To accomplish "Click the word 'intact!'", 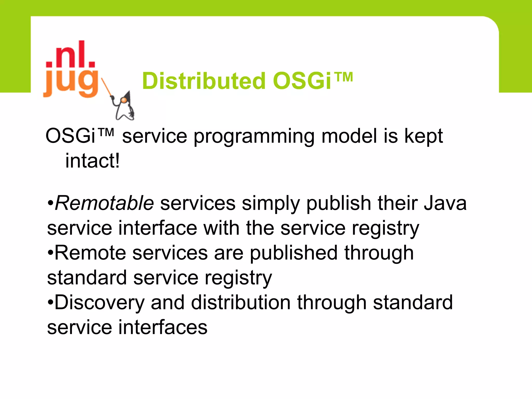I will pyautogui.click(x=92, y=161).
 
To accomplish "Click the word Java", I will pyautogui.click(x=445, y=203).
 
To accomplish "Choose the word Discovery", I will pyautogui.click(x=99, y=302).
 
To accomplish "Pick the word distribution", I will pyautogui.click(x=241, y=302).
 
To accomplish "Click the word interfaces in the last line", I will pyautogui.click(x=163, y=327).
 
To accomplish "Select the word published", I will pyautogui.click(x=294, y=253).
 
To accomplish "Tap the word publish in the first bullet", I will pyautogui.click(x=339, y=203).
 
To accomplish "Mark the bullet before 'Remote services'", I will pyautogui.click(x=50, y=253).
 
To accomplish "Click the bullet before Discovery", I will pyautogui.click(x=50, y=302).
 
